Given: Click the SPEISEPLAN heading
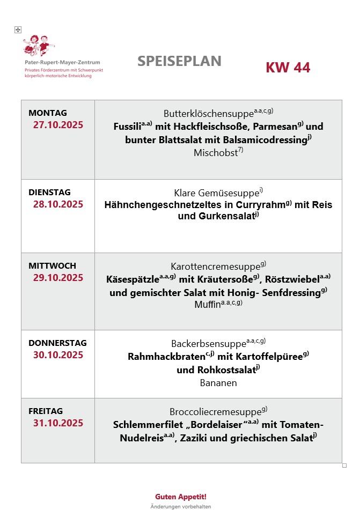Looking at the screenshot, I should [x=179, y=61].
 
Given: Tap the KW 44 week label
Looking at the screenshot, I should [x=288, y=67].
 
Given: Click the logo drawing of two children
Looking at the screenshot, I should [x=39, y=46].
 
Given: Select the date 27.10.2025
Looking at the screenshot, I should [x=58, y=125].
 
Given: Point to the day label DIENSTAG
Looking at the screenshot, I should [x=49, y=192].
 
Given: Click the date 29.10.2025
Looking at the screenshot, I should [x=58, y=277].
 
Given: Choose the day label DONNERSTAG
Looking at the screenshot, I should [x=57, y=343].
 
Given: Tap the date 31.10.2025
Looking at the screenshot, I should [x=58, y=423].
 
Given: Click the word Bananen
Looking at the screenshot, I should [x=218, y=383].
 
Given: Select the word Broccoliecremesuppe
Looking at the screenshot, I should [x=215, y=412].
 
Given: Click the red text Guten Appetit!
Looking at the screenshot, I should [x=181, y=497].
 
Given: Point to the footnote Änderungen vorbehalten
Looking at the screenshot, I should [x=181, y=506].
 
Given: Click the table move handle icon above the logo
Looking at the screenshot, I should [x=18, y=29].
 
